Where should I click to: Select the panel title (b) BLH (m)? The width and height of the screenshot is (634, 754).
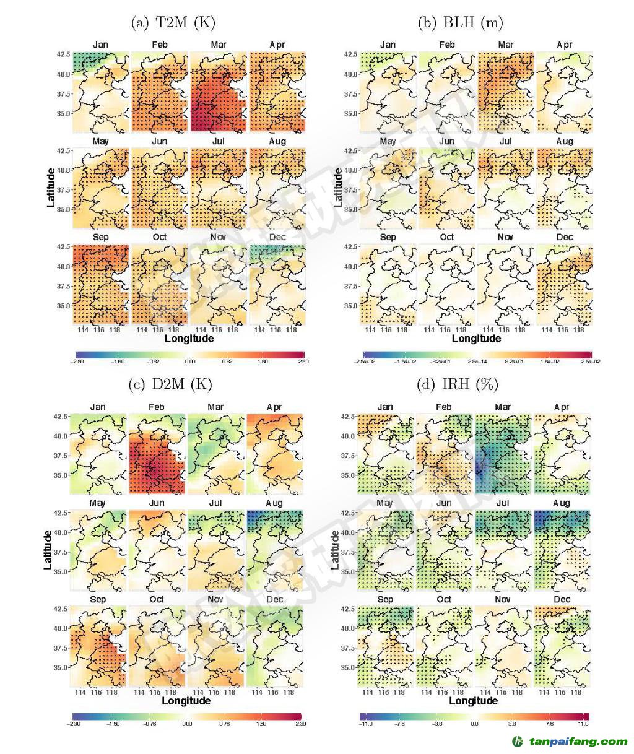[460, 23]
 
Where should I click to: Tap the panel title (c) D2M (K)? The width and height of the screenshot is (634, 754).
[170, 384]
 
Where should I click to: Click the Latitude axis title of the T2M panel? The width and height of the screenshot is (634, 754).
[52, 188]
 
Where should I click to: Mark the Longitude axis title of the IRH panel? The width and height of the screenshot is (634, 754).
[473, 701]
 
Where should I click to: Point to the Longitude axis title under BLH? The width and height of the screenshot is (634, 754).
[476, 338]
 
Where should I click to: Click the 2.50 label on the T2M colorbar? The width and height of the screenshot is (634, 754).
[302, 362]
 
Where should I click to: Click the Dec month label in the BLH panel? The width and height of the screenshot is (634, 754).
[564, 237]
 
